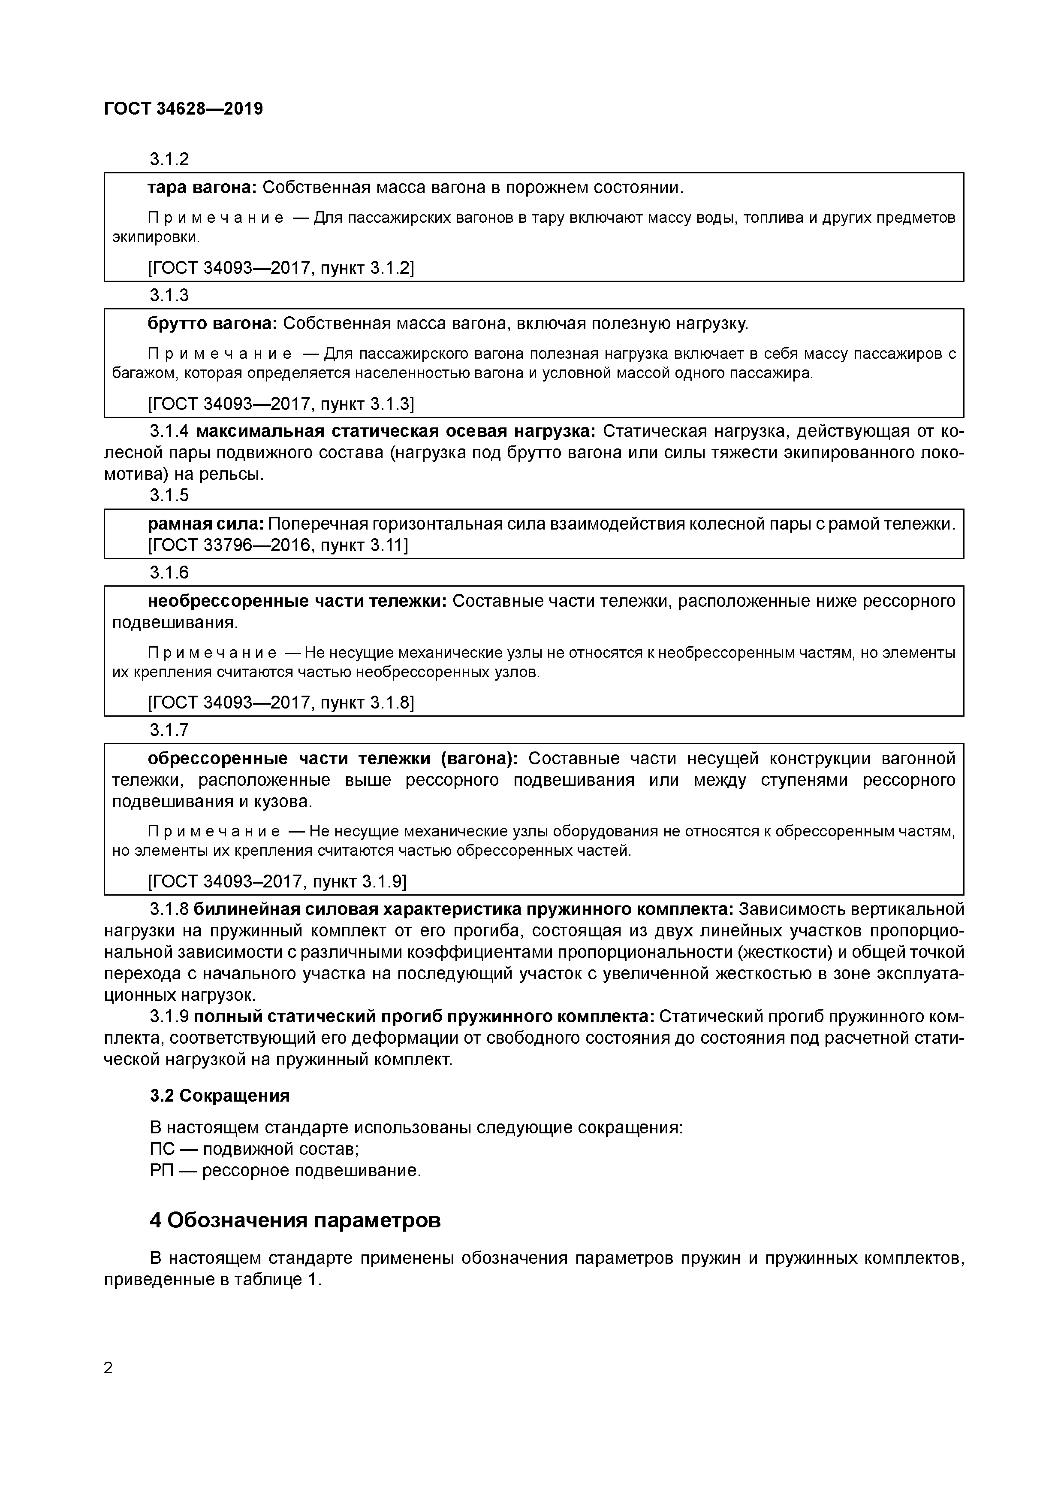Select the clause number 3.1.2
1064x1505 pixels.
(x=169, y=159)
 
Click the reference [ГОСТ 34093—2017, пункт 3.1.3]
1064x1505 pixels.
(x=281, y=404)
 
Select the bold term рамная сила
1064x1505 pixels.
(x=205, y=524)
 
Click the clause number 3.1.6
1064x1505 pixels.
(x=169, y=573)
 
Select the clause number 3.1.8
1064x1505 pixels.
(x=169, y=910)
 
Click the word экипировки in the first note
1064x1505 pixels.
(x=155, y=236)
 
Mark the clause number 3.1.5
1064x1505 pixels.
(x=169, y=495)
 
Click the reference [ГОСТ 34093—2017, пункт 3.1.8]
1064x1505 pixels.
(x=281, y=703)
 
